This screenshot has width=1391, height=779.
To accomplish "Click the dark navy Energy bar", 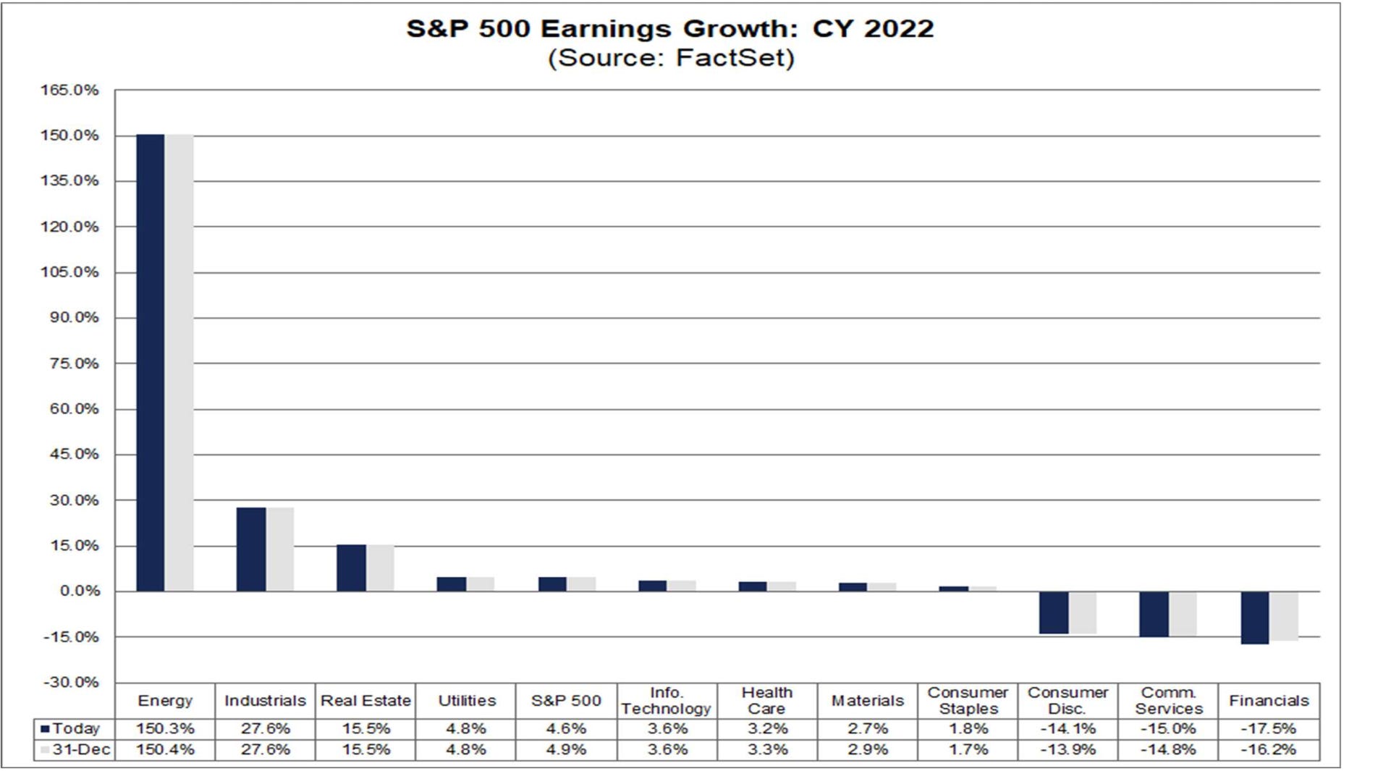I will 151,362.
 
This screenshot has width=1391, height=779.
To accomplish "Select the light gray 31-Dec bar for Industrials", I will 280,549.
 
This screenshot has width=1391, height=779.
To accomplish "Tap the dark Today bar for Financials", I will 1255,618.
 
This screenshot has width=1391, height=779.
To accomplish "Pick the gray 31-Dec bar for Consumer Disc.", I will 1083,612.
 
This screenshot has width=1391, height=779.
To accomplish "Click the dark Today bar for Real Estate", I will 351,568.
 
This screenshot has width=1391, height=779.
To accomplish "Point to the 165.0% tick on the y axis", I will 69,90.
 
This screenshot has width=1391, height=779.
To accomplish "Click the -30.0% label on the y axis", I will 71,683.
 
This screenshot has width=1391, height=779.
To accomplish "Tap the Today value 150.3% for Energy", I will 165,729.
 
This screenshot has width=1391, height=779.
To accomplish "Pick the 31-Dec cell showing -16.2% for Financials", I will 1269,750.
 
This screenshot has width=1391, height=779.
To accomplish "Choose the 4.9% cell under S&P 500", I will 566,750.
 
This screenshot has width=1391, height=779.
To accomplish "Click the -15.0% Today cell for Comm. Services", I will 1168,729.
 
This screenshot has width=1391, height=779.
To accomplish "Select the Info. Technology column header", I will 667,701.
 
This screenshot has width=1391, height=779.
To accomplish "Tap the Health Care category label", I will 766,701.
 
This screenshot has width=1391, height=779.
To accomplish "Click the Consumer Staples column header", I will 968,701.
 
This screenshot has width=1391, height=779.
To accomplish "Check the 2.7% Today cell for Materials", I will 867,729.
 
